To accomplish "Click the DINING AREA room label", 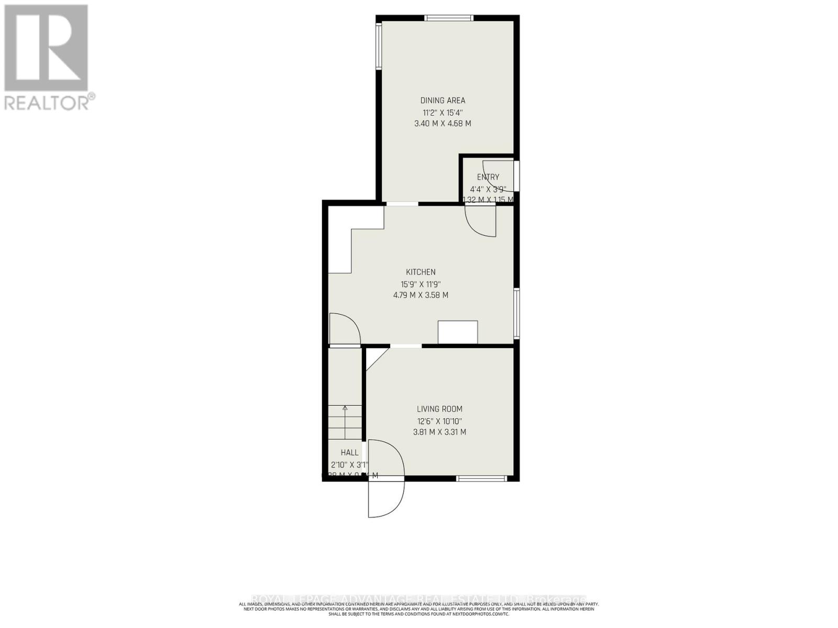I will click(x=443, y=100).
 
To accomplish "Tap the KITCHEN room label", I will click(x=421, y=272).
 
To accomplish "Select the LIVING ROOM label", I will click(x=439, y=409).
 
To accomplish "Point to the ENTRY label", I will click(x=488, y=177).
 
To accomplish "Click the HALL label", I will click(x=349, y=453).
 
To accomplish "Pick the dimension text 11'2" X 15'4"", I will click(x=443, y=113).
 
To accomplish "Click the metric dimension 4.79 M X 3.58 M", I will click(x=421, y=295).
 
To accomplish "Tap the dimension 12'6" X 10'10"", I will click(x=439, y=421).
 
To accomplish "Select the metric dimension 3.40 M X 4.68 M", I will click(x=443, y=124).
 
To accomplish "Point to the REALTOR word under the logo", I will click(x=46, y=103).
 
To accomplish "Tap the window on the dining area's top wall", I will click(x=449, y=18).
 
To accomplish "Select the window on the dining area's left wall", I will click(x=378, y=48).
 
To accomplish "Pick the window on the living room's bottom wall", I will click(x=481, y=478).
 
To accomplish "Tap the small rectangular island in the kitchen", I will click(x=457, y=332).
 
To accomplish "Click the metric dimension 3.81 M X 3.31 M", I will click(x=439, y=432).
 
